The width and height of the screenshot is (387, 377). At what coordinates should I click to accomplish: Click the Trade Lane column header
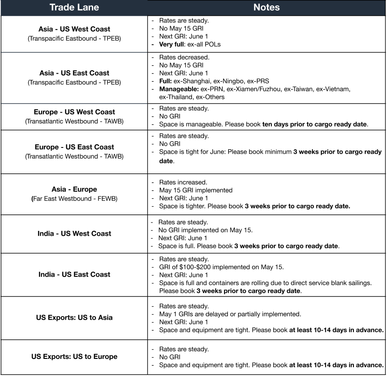(74, 8)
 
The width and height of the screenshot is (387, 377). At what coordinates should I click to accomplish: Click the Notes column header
(267, 8)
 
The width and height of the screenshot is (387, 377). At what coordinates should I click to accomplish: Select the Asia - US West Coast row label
(74, 29)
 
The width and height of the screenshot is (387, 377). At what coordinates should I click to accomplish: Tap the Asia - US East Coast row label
(74, 73)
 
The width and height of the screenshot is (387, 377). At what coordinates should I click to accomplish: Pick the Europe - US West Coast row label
(74, 112)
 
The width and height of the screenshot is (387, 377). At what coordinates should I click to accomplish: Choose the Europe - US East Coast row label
(74, 147)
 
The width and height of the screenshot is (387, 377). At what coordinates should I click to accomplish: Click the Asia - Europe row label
(74, 189)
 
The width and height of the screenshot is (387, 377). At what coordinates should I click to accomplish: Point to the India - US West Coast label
(74, 234)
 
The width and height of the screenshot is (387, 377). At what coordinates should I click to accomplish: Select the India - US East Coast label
(74, 274)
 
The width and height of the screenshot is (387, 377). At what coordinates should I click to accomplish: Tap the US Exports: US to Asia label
(74, 317)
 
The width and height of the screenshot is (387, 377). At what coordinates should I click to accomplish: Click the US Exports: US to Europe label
(74, 356)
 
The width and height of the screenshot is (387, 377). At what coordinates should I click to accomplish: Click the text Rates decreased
(184, 57)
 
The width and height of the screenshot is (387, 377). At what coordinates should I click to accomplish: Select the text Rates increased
(183, 182)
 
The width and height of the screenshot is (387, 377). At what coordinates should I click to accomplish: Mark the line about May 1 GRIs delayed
(230, 314)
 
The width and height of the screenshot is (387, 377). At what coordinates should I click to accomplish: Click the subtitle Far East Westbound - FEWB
(74, 199)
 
